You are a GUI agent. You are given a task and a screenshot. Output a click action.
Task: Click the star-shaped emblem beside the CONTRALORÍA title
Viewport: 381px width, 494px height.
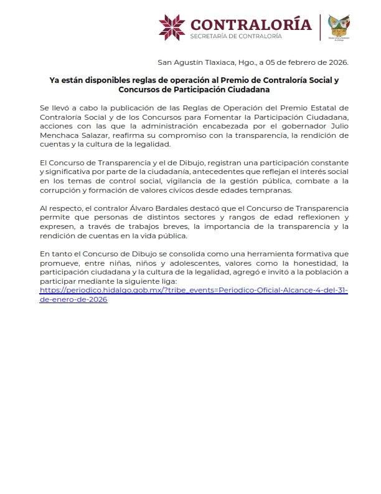172,26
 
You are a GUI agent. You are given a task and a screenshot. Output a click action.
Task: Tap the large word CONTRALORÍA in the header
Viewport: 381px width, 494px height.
251,24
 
